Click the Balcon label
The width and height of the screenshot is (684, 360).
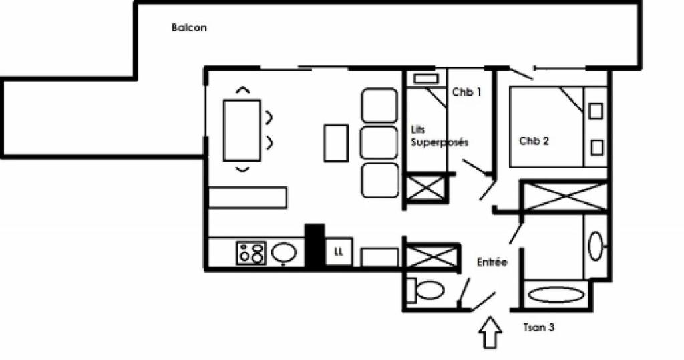click(x=189, y=28)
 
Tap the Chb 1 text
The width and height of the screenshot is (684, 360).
click(x=466, y=92)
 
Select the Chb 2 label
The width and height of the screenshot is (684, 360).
click(x=534, y=141)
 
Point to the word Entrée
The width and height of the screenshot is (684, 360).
click(x=492, y=262)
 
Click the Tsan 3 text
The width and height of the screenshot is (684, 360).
click(x=539, y=327)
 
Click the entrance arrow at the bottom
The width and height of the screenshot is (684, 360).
click(x=490, y=332)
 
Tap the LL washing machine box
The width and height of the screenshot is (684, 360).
click(x=339, y=251)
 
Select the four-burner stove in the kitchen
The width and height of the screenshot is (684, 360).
click(x=251, y=253)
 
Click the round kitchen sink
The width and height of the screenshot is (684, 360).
click(x=283, y=252)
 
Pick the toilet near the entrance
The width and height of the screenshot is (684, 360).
click(x=426, y=290)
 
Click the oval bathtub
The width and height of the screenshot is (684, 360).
click(x=556, y=295)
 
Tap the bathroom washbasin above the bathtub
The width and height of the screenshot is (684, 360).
click(x=595, y=246)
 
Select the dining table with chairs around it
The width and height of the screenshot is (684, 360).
click(x=242, y=130)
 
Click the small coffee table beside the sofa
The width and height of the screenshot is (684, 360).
click(x=336, y=143)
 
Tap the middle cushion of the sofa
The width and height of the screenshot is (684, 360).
click(x=379, y=143)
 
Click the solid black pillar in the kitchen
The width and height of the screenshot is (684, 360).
click(x=315, y=246)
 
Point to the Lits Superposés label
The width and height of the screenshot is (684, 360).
click(x=440, y=136)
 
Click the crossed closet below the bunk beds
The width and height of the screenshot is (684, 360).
click(x=425, y=188)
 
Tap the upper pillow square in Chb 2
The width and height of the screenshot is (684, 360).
click(x=595, y=111)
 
